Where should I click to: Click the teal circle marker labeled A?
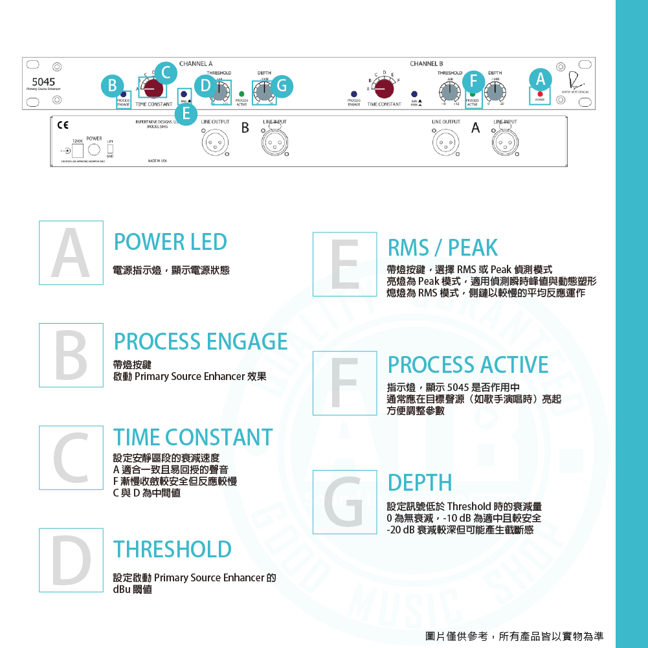540,79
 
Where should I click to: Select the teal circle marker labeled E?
186,114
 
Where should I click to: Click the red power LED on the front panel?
540,95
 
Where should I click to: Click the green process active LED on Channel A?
241,94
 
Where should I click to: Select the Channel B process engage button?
353,94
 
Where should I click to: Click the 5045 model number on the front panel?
43,82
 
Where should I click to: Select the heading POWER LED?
170,242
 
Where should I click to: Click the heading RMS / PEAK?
442,247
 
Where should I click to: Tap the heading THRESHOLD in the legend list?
172,549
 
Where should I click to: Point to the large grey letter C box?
71,457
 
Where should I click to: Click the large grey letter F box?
344,383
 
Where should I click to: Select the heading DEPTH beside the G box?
419,482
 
